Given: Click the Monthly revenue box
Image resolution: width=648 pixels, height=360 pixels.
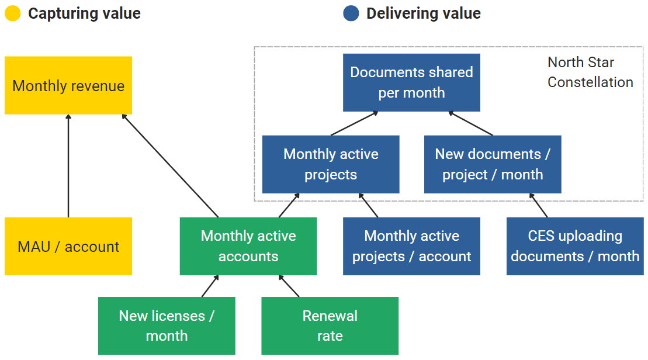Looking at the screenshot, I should coord(68,85).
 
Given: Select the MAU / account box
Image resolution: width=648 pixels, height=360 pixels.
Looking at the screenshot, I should coord(68,246).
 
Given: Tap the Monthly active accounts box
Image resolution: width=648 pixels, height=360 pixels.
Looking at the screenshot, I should coord(248,246).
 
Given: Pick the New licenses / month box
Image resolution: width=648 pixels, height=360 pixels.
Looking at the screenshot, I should coord(167,326).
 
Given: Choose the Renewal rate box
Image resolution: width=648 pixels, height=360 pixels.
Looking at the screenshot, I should coord(330,326).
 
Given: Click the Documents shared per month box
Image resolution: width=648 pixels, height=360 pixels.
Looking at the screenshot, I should coord(411,82).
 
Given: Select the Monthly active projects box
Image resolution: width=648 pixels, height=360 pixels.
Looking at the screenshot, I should coord(331,164).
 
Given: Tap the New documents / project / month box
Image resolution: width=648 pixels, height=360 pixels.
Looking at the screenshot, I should coord(493,164).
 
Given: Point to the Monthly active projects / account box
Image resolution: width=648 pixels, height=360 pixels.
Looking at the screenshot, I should coord(411,246).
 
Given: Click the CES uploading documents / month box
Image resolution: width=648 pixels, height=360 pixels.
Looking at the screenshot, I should coord(575,246).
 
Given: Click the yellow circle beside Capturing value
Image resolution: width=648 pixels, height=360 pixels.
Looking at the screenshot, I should coord(13,13).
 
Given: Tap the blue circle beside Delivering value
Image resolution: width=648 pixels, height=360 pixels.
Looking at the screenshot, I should coord(351,13).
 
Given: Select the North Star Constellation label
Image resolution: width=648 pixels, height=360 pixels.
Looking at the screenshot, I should coord(590,72).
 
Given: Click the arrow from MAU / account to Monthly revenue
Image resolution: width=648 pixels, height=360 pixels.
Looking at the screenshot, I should coord(68,166).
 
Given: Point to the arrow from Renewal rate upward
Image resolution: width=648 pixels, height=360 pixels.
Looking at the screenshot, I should coord(289,286).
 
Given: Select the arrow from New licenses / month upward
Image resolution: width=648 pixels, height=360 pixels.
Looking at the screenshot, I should coord(210,286).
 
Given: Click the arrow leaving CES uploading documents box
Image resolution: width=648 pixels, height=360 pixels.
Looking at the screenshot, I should coord(539,205).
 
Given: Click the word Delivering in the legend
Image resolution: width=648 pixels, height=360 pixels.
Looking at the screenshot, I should coord(398,13).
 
